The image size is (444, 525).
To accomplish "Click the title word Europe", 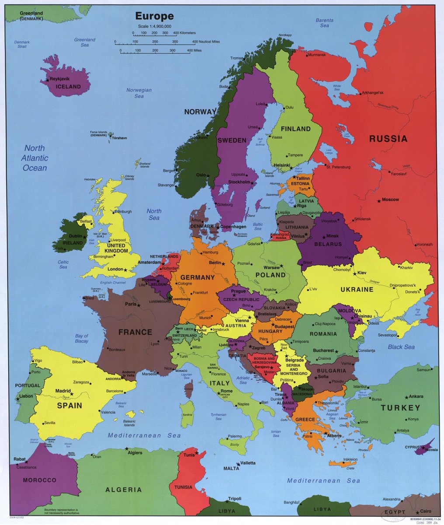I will point(154,17).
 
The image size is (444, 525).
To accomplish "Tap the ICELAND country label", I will point(68,87).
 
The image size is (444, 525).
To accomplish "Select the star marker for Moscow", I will point(379,201).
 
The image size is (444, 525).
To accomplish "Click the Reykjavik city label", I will point(60,79).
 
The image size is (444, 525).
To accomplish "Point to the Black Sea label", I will point(401,347).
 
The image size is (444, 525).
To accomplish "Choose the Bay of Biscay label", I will point(81,338).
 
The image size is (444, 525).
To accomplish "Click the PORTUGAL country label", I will point(28,385).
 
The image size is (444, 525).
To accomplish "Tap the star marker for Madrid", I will point(72,394).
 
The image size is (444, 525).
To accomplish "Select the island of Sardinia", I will point(187,414).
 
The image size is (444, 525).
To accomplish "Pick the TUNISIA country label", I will point(183,487).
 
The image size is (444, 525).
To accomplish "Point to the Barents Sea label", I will point(324,23).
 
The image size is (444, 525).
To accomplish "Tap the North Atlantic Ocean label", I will point(35,158).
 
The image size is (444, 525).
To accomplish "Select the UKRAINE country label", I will point(357,289).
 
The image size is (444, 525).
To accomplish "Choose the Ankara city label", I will point(416,396).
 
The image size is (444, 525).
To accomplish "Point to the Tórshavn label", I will point(119,138).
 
